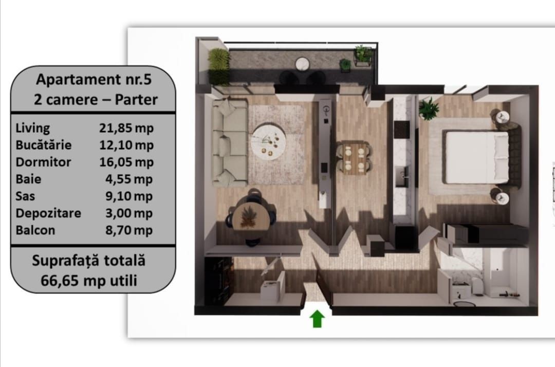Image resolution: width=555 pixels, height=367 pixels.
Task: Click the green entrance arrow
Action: [x=317, y=319]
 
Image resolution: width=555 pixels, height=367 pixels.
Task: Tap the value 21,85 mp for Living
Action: [x=126, y=128]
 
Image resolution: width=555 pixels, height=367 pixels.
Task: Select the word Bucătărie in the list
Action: [x=44, y=145]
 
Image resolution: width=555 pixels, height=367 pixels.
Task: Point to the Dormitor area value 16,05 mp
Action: [x=126, y=162]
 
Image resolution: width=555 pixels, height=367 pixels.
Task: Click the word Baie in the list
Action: [x=28, y=179]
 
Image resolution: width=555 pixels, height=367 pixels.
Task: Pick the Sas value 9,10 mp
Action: [x=129, y=196]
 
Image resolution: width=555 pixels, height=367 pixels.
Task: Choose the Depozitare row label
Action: [x=48, y=213]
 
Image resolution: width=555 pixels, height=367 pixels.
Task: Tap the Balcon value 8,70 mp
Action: [x=129, y=230]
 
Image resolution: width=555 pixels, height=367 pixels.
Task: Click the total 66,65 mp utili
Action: [x=89, y=281]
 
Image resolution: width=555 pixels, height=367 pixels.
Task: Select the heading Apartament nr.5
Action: [x=94, y=79]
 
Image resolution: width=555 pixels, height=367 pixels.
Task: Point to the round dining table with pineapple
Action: [x=251, y=217]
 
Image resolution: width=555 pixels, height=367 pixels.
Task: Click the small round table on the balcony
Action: [x=302, y=64]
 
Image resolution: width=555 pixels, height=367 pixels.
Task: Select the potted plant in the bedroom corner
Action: [x=428, y=108]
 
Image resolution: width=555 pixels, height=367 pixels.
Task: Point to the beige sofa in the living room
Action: [x=229, y=142]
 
